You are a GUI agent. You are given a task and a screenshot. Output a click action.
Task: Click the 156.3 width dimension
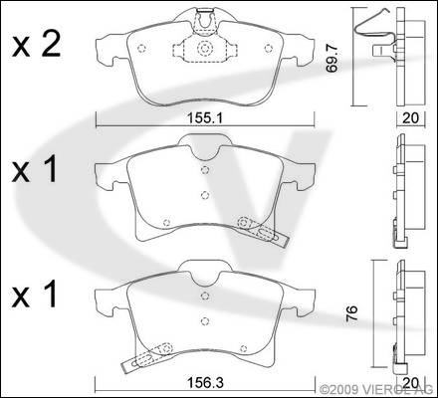click(205, 383)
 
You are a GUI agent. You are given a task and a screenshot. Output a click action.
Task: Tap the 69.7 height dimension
click(331, 59)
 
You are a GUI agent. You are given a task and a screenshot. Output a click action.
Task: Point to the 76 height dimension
click(352, 313)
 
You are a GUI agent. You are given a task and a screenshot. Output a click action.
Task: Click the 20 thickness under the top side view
click(410, 118)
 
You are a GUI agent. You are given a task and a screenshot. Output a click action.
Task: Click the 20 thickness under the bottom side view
click(411, 383)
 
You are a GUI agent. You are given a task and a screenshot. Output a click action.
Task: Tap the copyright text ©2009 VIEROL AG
click(376, 388)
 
